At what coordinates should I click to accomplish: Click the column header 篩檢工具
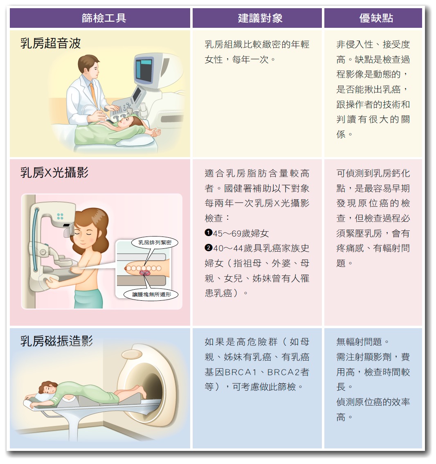point(104,18)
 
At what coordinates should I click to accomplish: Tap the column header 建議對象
point(260,18)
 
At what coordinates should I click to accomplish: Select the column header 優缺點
point(376,18)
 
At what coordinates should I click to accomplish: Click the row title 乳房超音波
point(51,43)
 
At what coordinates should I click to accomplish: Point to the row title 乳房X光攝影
point(54,173)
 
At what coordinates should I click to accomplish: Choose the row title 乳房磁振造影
point(57,341)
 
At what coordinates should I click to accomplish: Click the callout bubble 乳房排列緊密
point(155,242)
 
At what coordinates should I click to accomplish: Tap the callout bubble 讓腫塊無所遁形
point(152,294)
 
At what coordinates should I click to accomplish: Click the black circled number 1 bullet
point(208,233)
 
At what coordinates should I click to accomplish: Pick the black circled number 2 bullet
point(208,248)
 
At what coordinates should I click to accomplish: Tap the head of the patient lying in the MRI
point(48,387)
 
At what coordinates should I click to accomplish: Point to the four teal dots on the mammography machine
point(60,216)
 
